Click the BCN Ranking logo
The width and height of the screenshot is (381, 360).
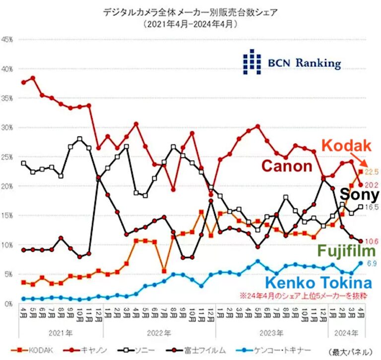coord(292,62)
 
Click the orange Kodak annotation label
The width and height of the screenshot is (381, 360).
coord(346,145)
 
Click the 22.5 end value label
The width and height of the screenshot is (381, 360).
coord(372,172)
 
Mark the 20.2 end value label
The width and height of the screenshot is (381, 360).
coord(372,185)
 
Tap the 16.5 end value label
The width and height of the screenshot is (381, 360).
coord(372,207)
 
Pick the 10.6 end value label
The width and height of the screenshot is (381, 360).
coord(372,241)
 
